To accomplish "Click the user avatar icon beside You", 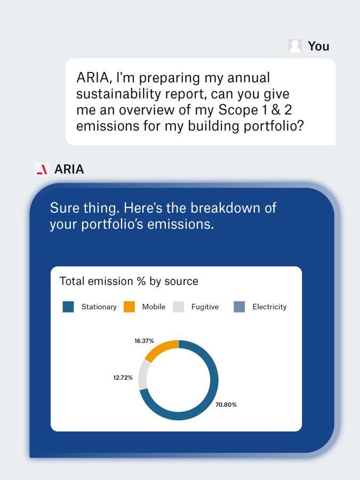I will click(x=295, y=46).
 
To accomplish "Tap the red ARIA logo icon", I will click(x=42, y=170).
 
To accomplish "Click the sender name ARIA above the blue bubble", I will click(x=69, y=170).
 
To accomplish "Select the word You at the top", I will click(x=318, y=46).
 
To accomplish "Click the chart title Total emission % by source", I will click(x=129, y=281).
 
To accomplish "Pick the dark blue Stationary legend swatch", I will click(x=68, y=307).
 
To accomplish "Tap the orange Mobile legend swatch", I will click(x=129, y=307).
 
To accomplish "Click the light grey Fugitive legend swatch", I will click(x=179, y=307).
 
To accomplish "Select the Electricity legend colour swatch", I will click(x=239, y=307).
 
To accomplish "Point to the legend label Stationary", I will click(x=99, y=307).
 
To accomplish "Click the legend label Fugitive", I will click(x=205, y=307).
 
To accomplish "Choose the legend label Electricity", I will click(x=269, y=307).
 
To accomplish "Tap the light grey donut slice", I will click(x=142, y=374).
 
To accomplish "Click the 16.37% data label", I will click(x=144, y=341).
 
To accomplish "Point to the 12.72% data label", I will click(x=123, y=378).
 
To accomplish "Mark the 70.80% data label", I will click(x=226, y=405).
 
